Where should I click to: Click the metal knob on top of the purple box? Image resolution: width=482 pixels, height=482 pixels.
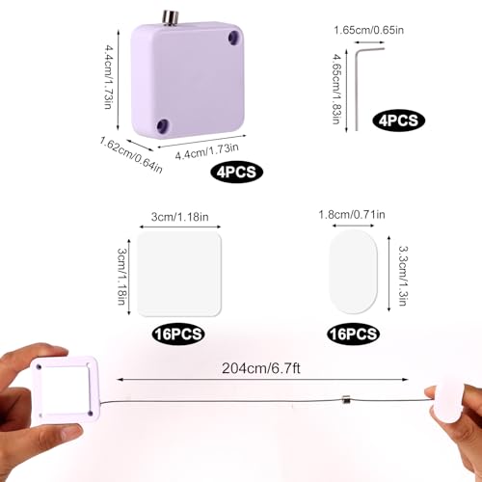(170, 17)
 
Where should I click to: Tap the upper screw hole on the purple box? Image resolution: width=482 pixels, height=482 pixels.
(234, 38)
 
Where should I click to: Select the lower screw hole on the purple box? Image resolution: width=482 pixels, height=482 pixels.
(163, 125)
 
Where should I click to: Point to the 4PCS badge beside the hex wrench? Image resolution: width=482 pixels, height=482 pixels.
(398, 120)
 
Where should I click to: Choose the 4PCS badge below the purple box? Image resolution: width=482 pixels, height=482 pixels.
(237, 172)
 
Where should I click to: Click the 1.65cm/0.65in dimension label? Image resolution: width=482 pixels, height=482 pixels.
(369, 30)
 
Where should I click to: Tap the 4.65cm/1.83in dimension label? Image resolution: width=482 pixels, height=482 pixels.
(336, 89)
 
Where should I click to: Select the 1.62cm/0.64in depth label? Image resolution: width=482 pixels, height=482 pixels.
(131, 154)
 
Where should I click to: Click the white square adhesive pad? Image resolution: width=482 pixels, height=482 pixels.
(179, 274)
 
